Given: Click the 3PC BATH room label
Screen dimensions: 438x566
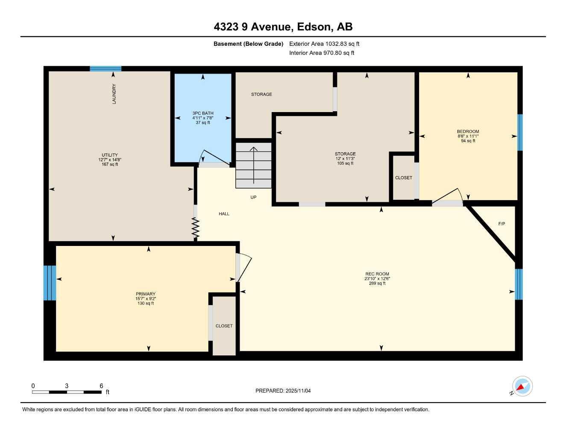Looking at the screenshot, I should [x=202, y=113].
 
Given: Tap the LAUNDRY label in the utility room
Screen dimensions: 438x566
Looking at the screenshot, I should [x=114, y=94].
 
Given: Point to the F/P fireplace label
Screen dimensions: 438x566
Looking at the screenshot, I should [x=501, y=224].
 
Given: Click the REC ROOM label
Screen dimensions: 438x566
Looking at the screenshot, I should [x=377, y=274].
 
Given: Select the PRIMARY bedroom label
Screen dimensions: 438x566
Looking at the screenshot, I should [x=146, y=294].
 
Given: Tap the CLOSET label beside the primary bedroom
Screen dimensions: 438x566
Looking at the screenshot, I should [x=224, y=326].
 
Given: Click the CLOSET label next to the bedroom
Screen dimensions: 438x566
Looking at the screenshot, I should [x=403, y=178].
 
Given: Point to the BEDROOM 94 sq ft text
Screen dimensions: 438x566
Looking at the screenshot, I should [x=468, y=141].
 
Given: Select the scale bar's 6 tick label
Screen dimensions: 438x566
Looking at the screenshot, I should [x=101, y=386].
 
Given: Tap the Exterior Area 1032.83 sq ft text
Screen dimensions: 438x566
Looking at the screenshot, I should [x=324, y=44].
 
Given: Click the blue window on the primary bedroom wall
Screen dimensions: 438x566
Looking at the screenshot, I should [x=50, y=283].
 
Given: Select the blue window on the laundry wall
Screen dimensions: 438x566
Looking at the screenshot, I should [x=106, y=68].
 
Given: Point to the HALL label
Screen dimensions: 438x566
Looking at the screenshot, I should [x=224, y=213].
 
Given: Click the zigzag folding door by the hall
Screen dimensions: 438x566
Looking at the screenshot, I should [x=196, y=228].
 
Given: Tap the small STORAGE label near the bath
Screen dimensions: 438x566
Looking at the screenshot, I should [x=261, y=94].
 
